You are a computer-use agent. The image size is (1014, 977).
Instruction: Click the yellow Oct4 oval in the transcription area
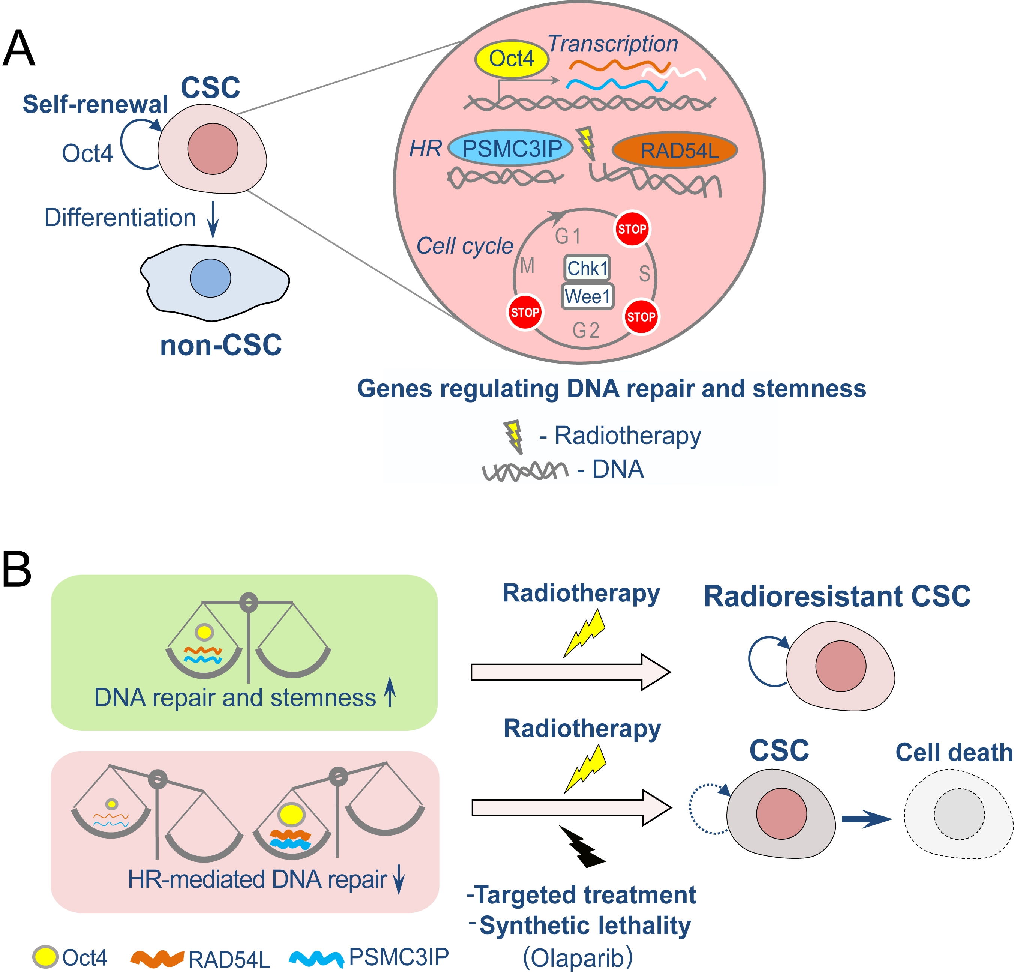point(511,59)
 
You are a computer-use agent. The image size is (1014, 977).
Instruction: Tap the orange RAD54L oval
point(675,150)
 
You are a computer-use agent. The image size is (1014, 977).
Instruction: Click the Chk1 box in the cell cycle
point(586,268)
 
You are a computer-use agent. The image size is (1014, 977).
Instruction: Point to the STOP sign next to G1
point(631,229)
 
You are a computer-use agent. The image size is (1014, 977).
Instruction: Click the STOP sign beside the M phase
point(525,312)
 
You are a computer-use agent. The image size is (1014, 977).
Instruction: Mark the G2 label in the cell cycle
point(586,330)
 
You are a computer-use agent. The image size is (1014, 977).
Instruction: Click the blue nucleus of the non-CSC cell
point(210,278)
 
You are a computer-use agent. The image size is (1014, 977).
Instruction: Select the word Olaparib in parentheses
point(577,958)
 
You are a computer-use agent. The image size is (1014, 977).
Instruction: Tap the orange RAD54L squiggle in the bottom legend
point(157,958)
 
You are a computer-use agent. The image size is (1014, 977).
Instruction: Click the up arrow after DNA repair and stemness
point(390,693)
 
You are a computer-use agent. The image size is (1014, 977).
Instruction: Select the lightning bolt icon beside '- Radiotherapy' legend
point(514,436)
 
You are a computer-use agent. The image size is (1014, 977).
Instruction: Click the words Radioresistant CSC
point(837,596)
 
